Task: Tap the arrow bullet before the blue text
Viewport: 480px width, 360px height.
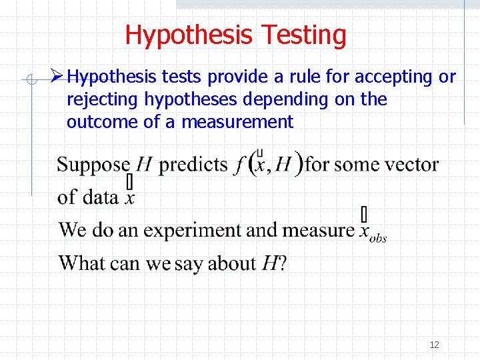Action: (x=57, y=77)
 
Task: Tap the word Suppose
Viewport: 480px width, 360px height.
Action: (x=93, y=165)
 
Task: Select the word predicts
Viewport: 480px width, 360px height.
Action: (x=193, y=165)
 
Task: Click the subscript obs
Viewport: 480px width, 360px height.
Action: (x=379, y=238)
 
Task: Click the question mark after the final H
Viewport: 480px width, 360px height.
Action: (x=283, y=263)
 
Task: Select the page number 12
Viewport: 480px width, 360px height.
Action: (x=434, y=345)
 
